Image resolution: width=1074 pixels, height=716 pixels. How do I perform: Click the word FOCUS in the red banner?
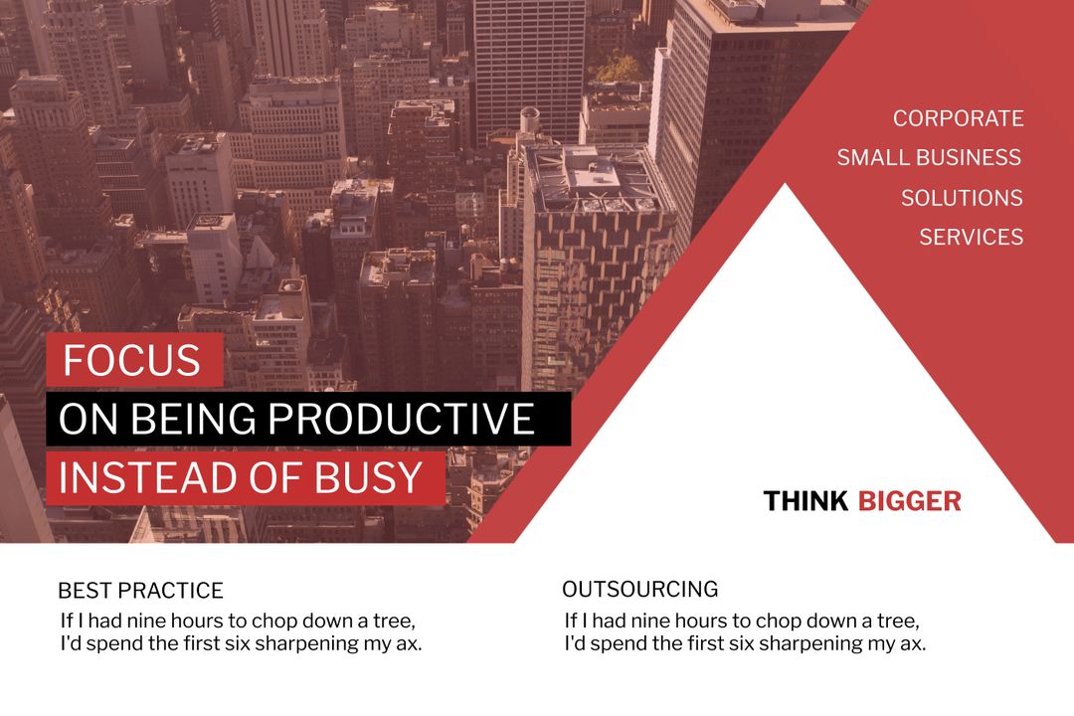point(131,360)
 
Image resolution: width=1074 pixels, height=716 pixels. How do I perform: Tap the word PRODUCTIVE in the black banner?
point(402,420)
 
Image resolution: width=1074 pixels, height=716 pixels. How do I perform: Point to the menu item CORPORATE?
point(958,118)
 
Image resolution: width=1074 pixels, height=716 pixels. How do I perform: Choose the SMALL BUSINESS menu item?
point(929,158)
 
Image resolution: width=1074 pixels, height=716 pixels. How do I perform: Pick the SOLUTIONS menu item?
point(962,198)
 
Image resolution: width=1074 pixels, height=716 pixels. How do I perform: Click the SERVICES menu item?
point(971,237)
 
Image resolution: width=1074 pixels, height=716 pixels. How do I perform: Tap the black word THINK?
point(805,501)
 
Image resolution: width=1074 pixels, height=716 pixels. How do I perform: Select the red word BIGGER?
point(909,501)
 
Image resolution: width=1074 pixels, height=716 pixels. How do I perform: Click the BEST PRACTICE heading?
point(140,591)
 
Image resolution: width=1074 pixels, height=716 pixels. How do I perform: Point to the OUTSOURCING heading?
point(639,589)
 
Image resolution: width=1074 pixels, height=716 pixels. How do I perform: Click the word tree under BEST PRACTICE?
point(393,622)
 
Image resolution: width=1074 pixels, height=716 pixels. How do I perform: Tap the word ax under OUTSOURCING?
point(914,643)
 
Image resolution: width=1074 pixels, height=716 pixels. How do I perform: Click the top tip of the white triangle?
point(786,186)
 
